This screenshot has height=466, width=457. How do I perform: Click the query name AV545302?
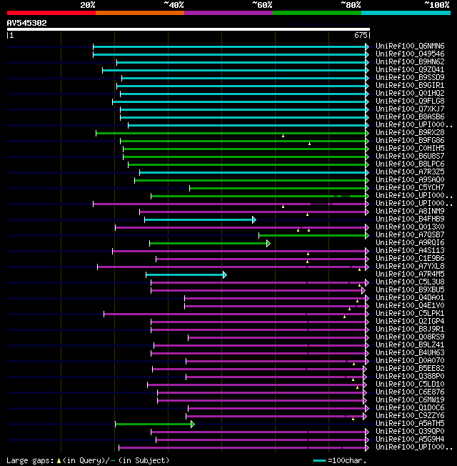(x=27, y=23)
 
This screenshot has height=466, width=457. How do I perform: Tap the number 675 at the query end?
(x=361, y=35)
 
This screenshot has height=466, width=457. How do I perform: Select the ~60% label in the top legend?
(x=262, y=5)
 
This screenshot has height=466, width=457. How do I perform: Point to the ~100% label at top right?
(x=436, y=5)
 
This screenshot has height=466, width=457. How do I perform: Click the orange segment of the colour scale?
(x=139, y=13)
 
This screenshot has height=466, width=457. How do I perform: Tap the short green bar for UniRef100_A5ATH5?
(x=153, y=424)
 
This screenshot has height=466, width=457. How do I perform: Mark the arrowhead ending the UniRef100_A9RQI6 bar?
(x=268, y=243)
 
